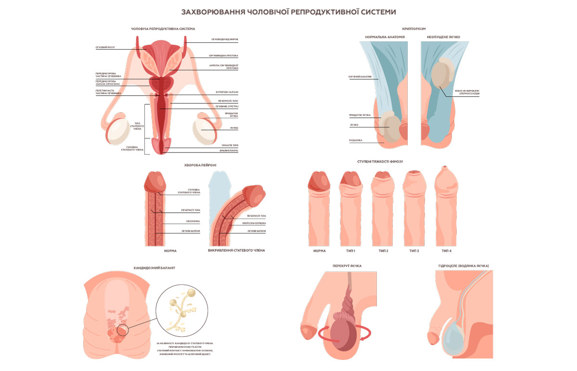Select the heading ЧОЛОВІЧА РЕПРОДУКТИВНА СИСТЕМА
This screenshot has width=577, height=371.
(163, 29)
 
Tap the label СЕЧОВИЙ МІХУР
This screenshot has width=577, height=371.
(104, 48)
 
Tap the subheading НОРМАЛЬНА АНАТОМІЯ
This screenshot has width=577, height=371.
(385, 37)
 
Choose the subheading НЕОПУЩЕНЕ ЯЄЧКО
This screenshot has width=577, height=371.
(444, 37)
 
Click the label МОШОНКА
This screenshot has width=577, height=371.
(356, 141)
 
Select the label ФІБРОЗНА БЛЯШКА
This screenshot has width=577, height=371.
(256, 223)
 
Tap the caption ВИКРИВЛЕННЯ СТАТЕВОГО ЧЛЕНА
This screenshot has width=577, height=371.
(237, 251)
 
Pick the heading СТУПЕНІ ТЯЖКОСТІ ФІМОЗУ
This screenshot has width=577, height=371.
(383, 161)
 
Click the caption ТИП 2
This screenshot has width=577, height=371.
(383, 251)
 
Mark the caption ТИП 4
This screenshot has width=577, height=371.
(447, 251)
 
